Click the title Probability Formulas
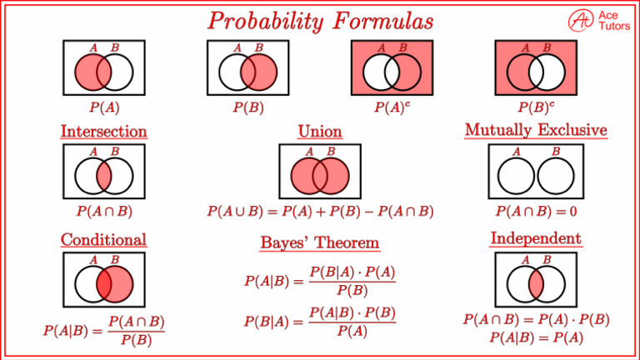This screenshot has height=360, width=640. (x=320, y=19)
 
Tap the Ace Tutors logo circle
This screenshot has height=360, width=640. (x=580, y=20)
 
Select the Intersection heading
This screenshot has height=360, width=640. (x=103, y=132)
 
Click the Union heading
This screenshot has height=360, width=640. (x=320, y=132)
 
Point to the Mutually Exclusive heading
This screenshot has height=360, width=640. (x=535, y=131)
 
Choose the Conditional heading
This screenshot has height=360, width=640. (x=103, y=240)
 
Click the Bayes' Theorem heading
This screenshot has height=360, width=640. (x=320, y=242)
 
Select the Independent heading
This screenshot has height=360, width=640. (x=536, y=239)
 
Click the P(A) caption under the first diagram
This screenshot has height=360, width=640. (x=104, y=107)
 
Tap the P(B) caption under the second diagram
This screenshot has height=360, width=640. (x=247, y=107)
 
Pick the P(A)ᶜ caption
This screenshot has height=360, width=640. (x=392, y=107)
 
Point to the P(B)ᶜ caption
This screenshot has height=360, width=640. (x=535, y=107)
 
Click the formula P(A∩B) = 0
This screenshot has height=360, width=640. (x=536, y=211)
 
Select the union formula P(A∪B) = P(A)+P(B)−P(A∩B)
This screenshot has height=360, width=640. (x=320, y=211)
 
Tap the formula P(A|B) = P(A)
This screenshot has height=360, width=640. (x=536, y=337)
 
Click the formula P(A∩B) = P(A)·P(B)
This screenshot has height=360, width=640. (x=536, y=320)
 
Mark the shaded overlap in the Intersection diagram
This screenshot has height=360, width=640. (x=104, y=177)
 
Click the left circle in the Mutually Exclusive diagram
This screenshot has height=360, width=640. (x=517, y=177)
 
